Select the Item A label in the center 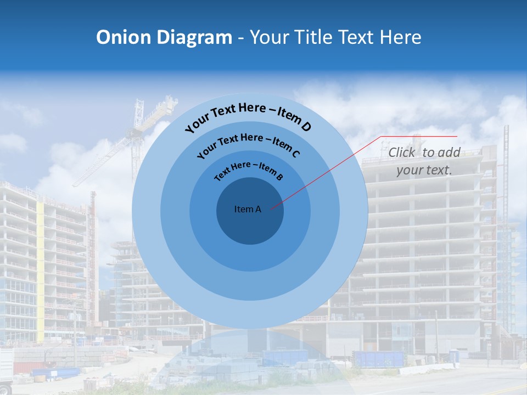point(248,209)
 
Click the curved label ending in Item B point(249,170)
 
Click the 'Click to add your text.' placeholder point(424,161)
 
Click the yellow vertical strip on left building point(40,269)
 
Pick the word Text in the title point(356,37)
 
